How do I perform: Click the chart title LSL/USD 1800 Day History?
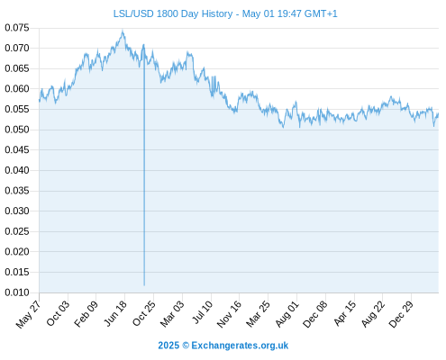[x=173, y=13]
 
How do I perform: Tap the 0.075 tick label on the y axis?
[x=17, y=28]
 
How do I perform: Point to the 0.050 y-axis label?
[x=17, y=130]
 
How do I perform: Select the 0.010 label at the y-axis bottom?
[x=17, y=292]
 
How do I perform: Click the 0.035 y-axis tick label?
[x=17, y=191]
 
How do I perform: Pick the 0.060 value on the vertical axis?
[x=17, y=89]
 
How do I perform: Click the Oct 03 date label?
[x=58, y=313]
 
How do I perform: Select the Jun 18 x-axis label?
[x=115, y=313]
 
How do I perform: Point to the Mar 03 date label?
[x=172, y=314]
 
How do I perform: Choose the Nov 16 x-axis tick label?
[x=229, y=314]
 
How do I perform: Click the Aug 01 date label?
[x=287, y=314]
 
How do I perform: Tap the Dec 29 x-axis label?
[x=401, y=314]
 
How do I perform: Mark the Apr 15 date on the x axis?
[x=344, y=313]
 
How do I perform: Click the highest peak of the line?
[x=123, y=30]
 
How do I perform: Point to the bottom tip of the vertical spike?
[x=144, y=285]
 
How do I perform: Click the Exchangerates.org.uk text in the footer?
[x=240, y=346]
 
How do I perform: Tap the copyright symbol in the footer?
[x=186, y=346]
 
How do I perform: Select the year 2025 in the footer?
[x=168, y=346]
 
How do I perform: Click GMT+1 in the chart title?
[x=321, y=13]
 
